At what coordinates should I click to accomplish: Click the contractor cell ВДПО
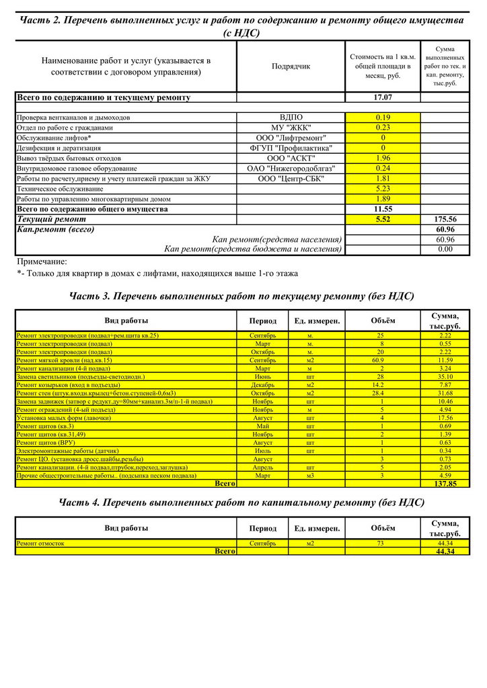click(291, 118)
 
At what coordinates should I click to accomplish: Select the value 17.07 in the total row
click(383, 97)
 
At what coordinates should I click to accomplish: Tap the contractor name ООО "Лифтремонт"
click(291, 138)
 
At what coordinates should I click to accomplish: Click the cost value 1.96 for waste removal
click(383, 158)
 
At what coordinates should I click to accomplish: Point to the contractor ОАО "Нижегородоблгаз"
click(291, 168)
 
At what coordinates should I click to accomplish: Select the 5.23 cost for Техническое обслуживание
click(383, 189)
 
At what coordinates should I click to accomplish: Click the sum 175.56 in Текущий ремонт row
click(446, 219)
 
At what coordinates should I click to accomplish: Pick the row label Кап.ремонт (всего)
click(55, 229)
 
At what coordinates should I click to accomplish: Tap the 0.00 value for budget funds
click(446, 249)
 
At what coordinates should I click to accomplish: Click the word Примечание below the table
click(42, 261)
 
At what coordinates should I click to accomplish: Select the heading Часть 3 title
click(241, 296)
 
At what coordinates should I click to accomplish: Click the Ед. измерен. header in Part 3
click(317, 320)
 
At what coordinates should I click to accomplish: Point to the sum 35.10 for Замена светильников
click(445, 377)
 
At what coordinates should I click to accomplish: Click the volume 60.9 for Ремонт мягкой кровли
click(381, 360)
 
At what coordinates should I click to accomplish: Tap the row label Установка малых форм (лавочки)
click(64, 417)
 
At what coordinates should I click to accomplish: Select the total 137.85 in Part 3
click(445, 483)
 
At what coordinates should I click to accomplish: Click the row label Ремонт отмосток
click(41, 543)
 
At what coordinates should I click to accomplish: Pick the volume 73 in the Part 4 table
click(381, 543)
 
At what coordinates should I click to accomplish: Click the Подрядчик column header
click(291, 67)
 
